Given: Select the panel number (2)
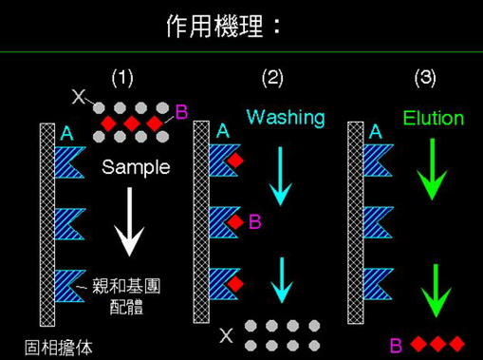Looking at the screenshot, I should (272, 76).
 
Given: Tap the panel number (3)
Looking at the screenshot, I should (425, 76).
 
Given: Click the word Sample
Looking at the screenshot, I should (135, 167).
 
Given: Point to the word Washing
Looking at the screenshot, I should (285, 118).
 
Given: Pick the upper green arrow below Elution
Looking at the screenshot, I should (432, 170).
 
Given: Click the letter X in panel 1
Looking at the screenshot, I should (78, 96).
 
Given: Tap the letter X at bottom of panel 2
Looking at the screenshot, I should (226, 334).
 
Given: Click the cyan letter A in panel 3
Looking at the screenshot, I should (376, 133).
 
